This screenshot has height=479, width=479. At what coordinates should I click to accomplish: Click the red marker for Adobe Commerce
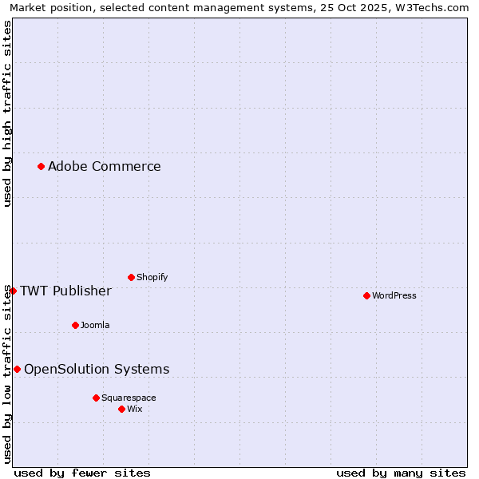41,166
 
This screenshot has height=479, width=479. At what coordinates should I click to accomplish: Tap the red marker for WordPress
366,295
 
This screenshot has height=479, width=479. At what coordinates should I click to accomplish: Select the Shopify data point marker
131,277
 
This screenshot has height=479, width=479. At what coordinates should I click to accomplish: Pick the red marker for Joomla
75,325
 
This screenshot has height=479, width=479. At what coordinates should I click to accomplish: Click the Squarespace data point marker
96,398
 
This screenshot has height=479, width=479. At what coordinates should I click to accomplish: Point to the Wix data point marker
121,409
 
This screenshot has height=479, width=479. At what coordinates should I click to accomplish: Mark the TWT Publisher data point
13,291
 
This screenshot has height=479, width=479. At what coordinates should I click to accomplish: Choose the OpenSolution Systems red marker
17,369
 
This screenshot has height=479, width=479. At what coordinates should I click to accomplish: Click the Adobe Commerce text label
104,166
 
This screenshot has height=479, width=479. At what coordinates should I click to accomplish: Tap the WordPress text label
394,295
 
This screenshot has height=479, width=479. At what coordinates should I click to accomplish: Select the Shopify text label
152,277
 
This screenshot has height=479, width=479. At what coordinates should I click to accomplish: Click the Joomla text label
95,325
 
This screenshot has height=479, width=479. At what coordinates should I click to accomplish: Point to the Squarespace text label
129,398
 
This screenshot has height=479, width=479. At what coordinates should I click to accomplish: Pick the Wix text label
134,409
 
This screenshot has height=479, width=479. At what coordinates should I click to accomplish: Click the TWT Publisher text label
65,291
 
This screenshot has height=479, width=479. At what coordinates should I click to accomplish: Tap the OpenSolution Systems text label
97,369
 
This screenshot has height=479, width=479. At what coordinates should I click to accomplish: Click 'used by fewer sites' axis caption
82,473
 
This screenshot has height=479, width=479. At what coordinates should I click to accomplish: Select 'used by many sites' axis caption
401,473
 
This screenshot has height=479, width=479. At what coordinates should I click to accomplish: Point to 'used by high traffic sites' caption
7,114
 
